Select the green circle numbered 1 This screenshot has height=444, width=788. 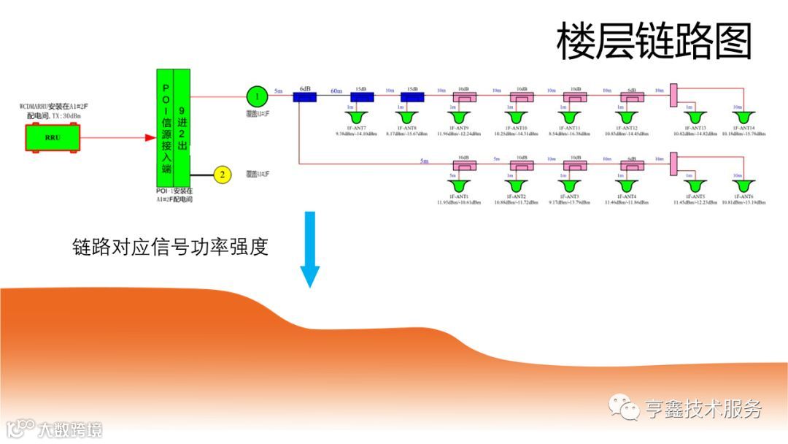(x=256, y=96)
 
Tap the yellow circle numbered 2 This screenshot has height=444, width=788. (x=222, y=174)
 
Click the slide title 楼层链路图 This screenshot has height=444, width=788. (x=654, y=40)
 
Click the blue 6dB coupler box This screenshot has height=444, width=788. (x=305, y=96)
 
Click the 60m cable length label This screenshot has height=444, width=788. (x=336, y=91)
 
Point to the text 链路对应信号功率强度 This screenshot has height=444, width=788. (x=170, y=246)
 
